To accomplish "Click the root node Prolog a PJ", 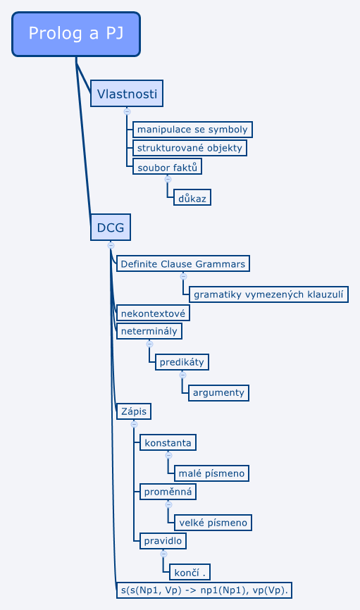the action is pos(76,35).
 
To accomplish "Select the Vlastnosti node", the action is pos(127,94).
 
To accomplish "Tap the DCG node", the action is pos(111,228).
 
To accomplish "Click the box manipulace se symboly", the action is pos(192,130).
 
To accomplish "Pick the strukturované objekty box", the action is pos(190,148).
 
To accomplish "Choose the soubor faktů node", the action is pos(168,166).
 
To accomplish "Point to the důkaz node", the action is pos(192,198).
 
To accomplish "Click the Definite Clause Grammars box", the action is pos(183,263).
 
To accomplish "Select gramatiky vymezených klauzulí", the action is pos(268,294).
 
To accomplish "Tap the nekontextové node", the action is pos(153,313).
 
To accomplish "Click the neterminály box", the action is pos(149,331).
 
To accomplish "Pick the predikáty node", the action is pos(182,362).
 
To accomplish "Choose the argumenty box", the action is pos(218,392).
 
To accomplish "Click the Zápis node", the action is pos(134,411).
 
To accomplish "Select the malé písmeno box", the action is pos(211,473).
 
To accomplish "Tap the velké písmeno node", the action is pos(213,523).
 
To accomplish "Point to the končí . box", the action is pos(190,572).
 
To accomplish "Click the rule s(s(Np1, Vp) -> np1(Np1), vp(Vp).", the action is pos(204,590).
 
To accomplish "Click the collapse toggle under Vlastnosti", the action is pos(127,112).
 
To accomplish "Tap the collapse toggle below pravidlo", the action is pos(163,554).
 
